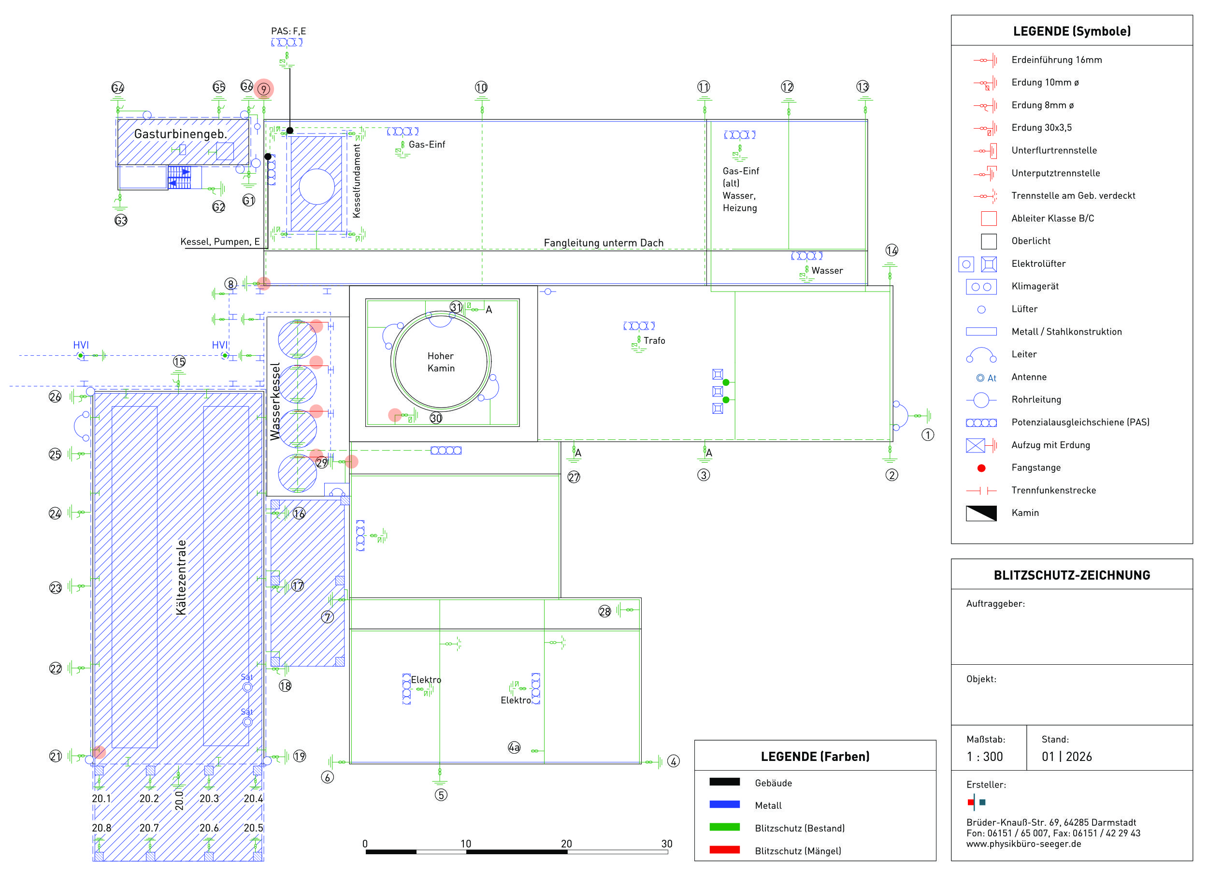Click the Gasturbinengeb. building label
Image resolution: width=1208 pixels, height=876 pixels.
click(x=180, y=134)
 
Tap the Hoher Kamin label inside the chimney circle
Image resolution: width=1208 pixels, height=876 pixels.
click(x=441, y=362)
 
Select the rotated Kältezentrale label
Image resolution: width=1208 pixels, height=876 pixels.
click(x=182, y=577)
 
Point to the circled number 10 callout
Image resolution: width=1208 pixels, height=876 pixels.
click(x=481, y=88)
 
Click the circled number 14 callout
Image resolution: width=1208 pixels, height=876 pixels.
click(x=892, y=250)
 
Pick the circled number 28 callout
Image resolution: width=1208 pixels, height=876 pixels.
click(x=604, y=611)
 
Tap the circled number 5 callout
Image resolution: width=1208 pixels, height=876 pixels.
click(x=441, y=794)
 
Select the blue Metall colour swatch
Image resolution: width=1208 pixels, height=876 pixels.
click(x=724, y=804)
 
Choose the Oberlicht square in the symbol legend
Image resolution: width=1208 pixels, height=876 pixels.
click(x=989, y=241)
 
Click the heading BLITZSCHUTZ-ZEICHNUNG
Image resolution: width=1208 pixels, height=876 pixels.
click(x=1072, y=575)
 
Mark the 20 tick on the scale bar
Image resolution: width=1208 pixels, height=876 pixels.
click(x=566, y=844)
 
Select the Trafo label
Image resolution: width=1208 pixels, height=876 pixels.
click(x=654, y=340)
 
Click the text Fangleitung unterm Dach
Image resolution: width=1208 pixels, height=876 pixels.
click(x=604, y=243)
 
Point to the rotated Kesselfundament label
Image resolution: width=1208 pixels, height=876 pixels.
click(x=357, y=181)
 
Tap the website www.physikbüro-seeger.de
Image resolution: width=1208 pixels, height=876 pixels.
click(x=1024, y=844)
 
